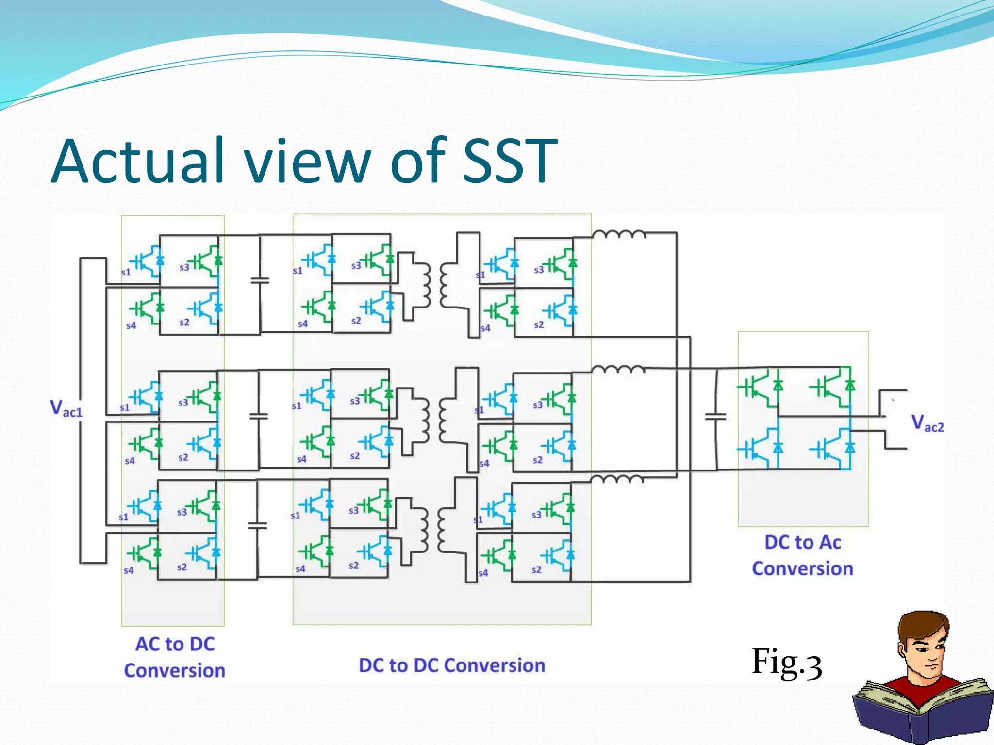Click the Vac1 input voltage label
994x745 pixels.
click(66, 408)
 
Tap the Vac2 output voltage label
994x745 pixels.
click(927, 423)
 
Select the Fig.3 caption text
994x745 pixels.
click(786, 663)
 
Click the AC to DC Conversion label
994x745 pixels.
click(175, 657)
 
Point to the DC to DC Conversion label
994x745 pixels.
click(451, 665)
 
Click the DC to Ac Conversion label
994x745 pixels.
click(802, 555)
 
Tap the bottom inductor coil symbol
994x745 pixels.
click(616, 480)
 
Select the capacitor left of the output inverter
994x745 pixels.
click(715, 417)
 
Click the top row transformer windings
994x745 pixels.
click(435, 286)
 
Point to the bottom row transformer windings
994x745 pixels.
click(433, 530)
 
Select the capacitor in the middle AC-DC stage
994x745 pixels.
click(258, 416)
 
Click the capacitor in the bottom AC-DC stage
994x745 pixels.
click(257, 525)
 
